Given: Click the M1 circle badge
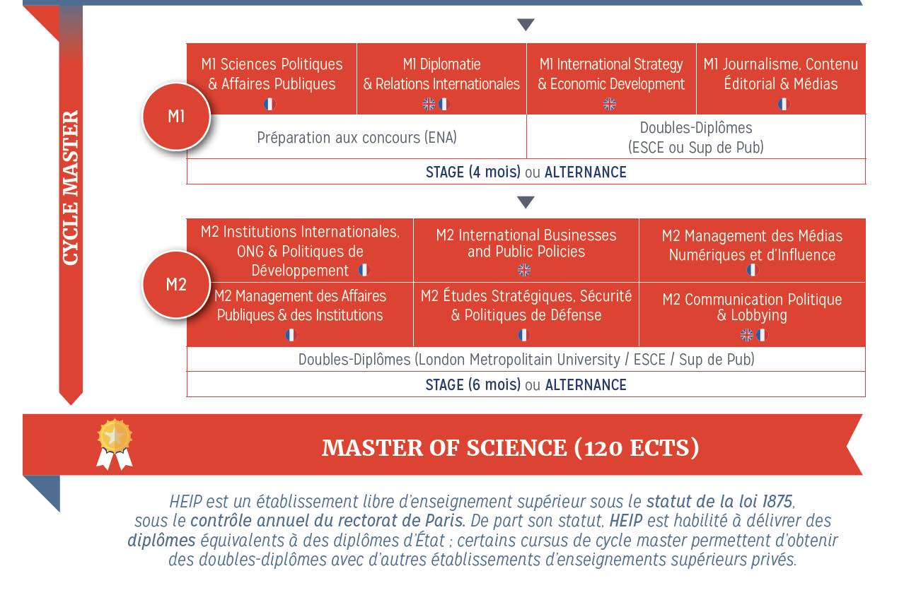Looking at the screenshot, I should (176, 117).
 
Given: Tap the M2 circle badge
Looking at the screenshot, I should (176, 285).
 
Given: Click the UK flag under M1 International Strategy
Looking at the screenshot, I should (609, 105).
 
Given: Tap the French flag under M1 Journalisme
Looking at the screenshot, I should (783, 105).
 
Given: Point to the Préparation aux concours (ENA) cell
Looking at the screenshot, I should (357, 138).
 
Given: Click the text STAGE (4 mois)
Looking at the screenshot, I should (473, 172).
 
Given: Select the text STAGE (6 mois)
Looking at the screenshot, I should (473, 385).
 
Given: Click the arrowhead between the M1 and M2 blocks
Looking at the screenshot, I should (525, 203).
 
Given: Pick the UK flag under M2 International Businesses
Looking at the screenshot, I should (523, 269).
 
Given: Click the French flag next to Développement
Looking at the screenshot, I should (363, 270).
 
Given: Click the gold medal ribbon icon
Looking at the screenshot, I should (115, 444).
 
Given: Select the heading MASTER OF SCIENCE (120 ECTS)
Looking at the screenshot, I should (510, 448).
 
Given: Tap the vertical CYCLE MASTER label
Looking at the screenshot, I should (70, 188).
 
